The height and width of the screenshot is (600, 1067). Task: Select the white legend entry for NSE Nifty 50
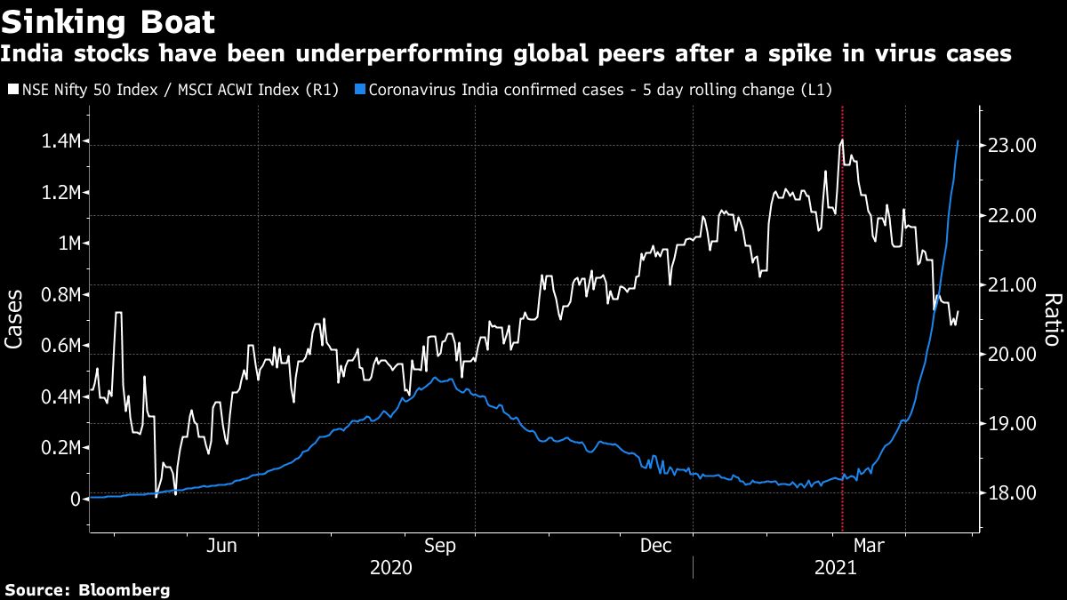[172, 90]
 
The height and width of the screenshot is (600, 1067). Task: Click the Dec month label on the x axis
[655, 546]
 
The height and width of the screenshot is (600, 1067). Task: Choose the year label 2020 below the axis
[390, 567]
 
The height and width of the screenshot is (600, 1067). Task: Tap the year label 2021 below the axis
[834, 567]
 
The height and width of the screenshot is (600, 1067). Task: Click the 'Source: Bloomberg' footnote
[87, 589]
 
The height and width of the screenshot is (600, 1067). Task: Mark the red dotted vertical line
[842, 311]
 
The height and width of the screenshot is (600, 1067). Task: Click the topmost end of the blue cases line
[958, 140]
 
